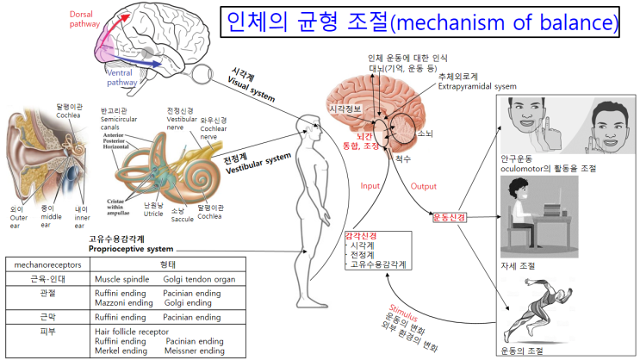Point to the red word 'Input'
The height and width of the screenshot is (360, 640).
click(370, 184)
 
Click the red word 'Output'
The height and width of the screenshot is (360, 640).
click(424, 185)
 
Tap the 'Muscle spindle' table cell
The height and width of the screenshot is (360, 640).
click(123, 279)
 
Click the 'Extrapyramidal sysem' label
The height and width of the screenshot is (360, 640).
click(478, 86)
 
